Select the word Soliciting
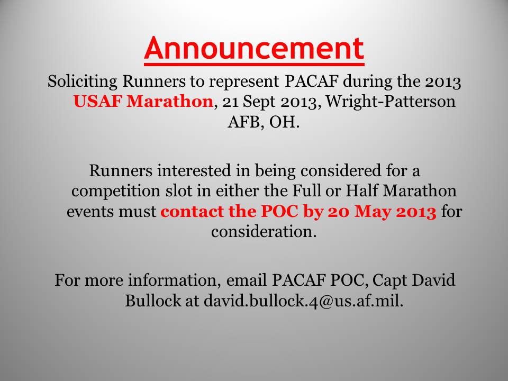point(83,81)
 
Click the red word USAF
point(97,101)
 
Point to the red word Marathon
point(170,101)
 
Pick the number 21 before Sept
point(230,102)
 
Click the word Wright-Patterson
point(391,102)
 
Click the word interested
point(194,171)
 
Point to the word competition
point(116,191)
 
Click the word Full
point(306,190)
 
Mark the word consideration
point(264,232)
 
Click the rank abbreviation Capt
point(389,281)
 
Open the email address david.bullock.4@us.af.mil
point(303,301)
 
